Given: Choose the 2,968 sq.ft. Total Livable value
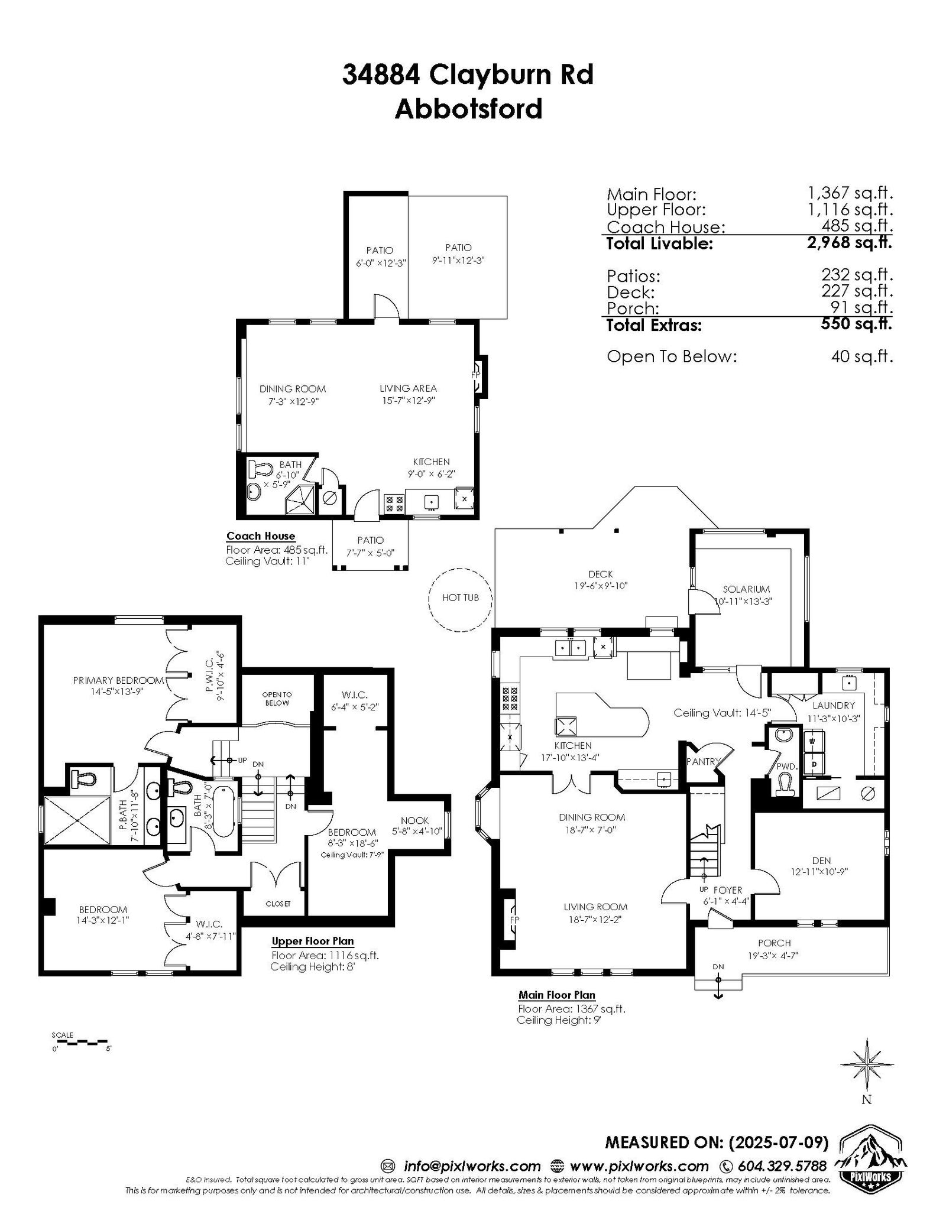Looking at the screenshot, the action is [x=849, y=242].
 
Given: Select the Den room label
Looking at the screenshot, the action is [x=821, y=861].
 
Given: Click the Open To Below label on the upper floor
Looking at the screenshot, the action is [x=277, y=699].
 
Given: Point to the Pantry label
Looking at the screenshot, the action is [x=703, y=762].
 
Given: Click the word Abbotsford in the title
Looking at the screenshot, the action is [x=468, y=109].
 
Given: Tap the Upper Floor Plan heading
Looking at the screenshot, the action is [x=313, y=941].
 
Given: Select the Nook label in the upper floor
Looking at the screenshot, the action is [x=414, y=820].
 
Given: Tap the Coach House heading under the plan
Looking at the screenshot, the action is [x=260, y=536].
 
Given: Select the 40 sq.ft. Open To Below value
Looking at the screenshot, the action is [x=861, y=357].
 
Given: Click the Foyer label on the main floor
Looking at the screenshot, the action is [x=727, y=890].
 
